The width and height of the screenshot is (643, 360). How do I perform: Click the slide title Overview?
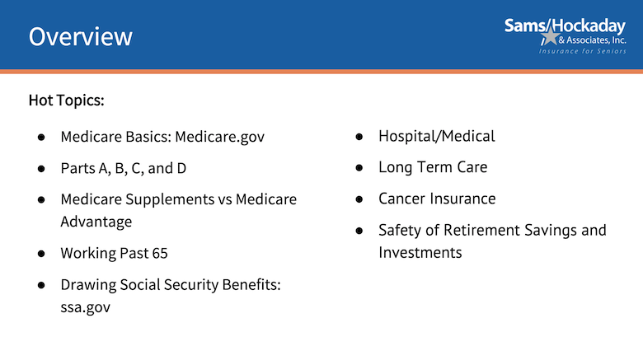81,36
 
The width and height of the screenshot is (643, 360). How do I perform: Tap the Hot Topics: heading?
67,101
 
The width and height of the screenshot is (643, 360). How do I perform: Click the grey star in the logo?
551,37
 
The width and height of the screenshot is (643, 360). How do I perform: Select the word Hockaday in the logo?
589,26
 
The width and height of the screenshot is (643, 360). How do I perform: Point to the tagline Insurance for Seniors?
582,51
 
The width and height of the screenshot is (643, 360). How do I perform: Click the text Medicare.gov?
220,137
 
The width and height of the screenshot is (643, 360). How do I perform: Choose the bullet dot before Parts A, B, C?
41,169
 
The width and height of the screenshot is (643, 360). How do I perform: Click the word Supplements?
170,200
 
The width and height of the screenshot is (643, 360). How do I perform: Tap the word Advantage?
96,222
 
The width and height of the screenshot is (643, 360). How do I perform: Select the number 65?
160,254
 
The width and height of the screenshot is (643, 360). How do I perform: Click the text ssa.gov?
85,307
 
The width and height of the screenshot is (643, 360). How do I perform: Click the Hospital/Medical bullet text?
437,137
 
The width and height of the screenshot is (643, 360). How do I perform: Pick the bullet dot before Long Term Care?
359,168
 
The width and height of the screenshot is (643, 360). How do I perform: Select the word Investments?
420,253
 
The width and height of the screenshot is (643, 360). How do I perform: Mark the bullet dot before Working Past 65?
41,254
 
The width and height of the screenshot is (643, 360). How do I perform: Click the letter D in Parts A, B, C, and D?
181,169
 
